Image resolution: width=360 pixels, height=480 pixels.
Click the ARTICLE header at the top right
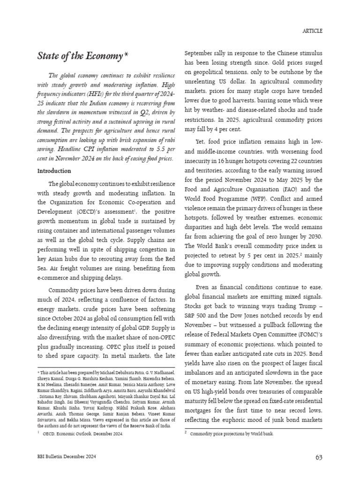tap(312, 31)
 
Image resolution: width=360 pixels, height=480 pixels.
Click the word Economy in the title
tap(104, 57)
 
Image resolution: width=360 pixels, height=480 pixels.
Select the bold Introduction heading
tap(54, 171)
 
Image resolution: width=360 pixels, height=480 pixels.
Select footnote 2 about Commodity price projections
tap(232, 434)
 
